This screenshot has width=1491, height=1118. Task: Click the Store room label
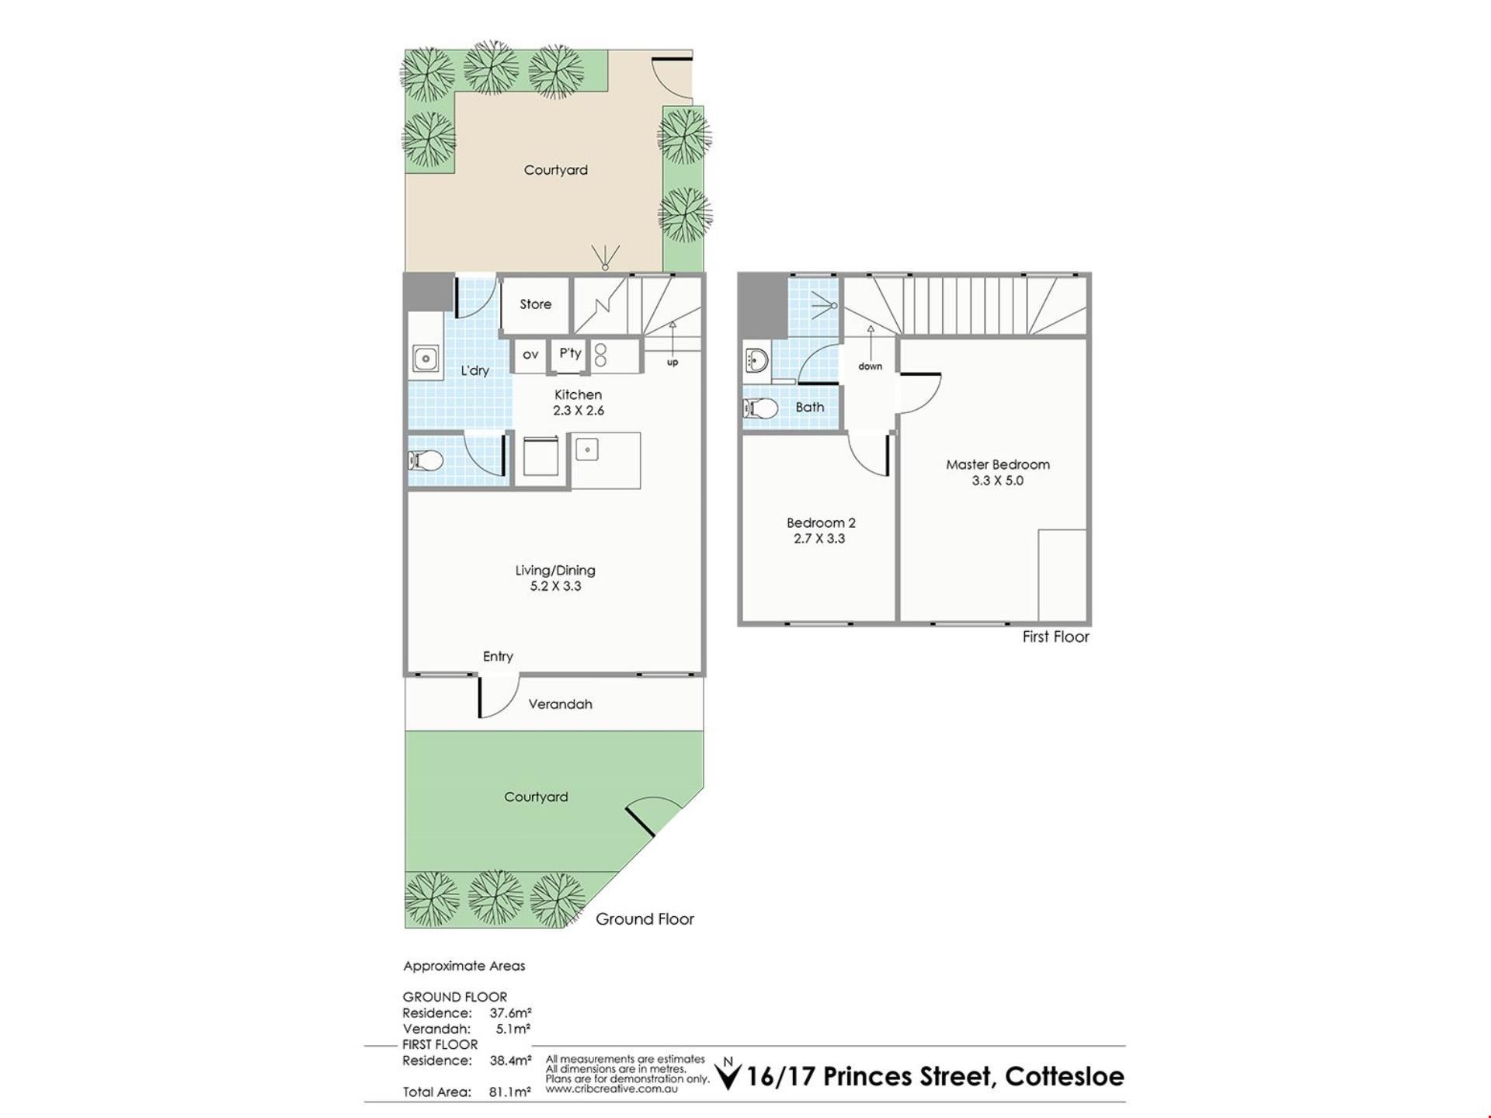[x=536, y=304]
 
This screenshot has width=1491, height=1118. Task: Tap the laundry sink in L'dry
[x=425, y=359]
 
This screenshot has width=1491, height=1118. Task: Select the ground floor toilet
[x=426, y=461]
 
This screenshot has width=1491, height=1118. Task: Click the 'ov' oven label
[x=530, y=355]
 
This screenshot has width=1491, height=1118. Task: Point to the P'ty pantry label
[x=570, y=353]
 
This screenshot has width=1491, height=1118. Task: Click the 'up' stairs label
[x=673, y=363]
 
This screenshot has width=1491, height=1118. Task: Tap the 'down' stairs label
[x=871, y=366]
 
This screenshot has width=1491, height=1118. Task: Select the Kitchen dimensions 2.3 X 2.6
[x=579, y=411]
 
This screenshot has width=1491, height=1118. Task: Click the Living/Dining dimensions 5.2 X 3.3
[x=555, y=586]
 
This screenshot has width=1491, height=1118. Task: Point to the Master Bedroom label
[x=998, y=464]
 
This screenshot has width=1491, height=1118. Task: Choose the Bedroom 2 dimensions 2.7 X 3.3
[x=819, y=539]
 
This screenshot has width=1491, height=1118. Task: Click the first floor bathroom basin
[x=756, y=360]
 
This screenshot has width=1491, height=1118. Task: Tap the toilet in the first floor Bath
[x=761, y=408]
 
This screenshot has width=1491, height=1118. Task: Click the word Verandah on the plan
[x=560, y=704]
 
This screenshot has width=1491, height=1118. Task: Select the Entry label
[x=498, y=657]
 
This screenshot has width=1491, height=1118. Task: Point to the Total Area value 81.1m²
[x=510, y=1092]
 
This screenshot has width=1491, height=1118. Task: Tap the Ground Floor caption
[x=645, y=919]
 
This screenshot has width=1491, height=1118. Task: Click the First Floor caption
[x=1055, y=637]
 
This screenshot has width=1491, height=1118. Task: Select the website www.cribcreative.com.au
[x=611, y=1088]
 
